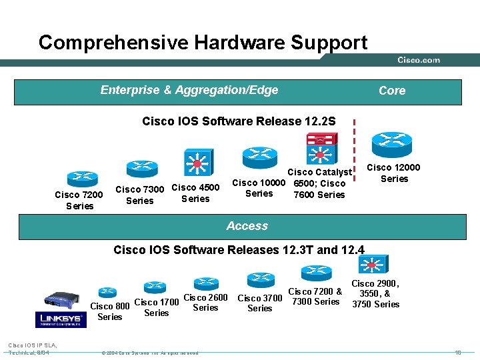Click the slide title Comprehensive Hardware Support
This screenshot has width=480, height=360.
203,43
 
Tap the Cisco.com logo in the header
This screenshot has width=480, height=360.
419,60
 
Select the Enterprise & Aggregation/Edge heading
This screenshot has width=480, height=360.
189,90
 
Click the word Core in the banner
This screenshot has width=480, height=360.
392,91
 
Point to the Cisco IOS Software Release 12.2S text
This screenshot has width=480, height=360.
239,121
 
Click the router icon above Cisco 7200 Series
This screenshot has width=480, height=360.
79,177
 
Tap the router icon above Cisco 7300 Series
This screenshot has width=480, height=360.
141,167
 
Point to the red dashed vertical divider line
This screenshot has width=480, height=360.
354,153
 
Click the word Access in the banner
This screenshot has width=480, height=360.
247,226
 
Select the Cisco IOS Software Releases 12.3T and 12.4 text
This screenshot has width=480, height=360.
239,250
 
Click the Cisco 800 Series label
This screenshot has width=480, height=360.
110,311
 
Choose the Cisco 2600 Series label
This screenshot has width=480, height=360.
205,303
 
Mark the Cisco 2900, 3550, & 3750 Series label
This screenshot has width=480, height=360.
375,294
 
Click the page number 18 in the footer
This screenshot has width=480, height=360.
458,352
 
